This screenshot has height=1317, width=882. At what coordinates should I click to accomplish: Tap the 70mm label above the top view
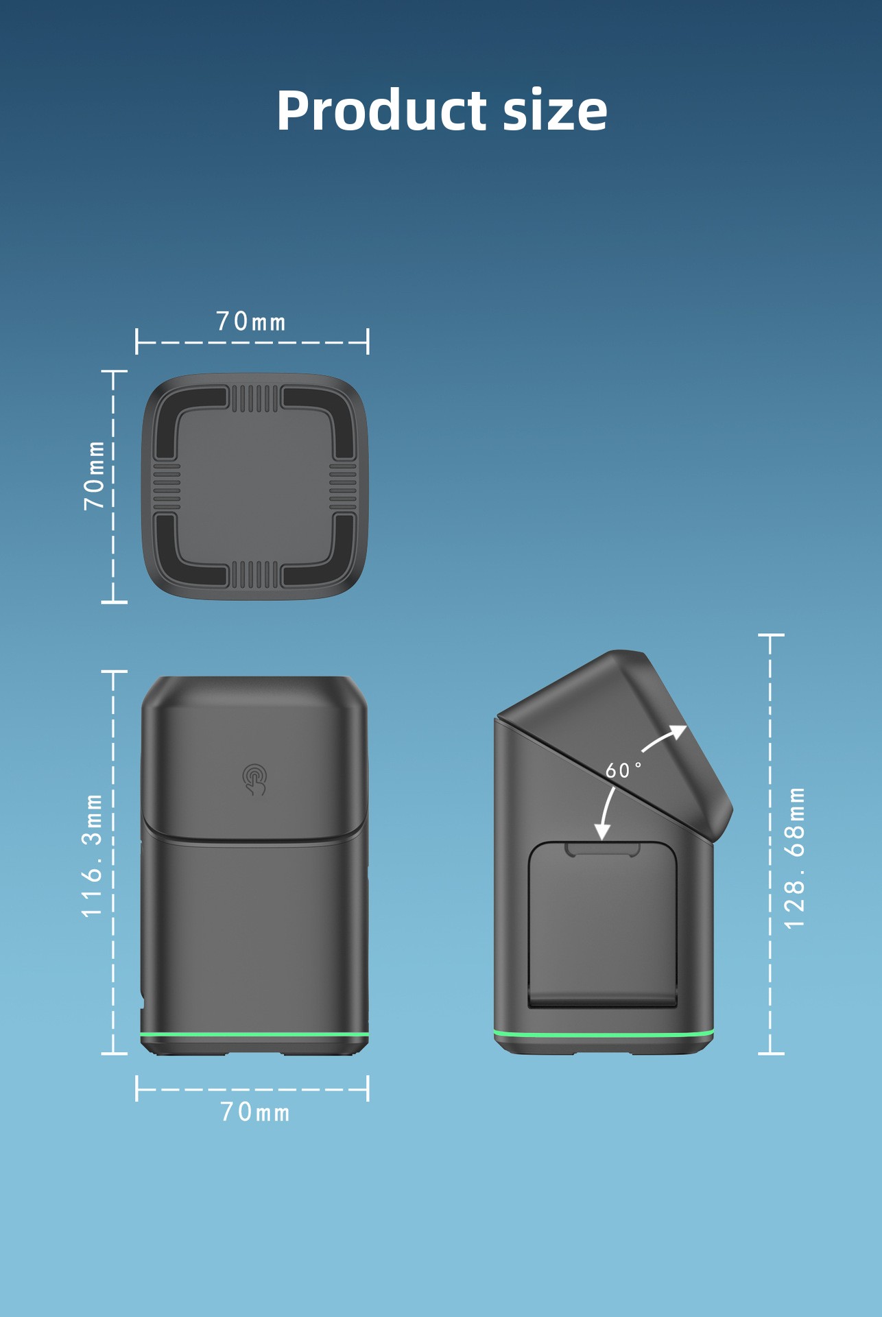(x=251, y=322)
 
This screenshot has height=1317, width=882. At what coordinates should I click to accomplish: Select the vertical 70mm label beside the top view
(x=94, y=475)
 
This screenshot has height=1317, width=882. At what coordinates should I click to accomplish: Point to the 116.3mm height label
(x=92, y=855)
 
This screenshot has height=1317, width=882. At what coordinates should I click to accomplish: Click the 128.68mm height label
(x=794, y=858)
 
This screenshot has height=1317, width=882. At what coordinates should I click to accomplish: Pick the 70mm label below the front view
(x=255, y=1112)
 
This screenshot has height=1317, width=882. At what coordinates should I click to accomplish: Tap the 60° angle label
(x=623, y=770)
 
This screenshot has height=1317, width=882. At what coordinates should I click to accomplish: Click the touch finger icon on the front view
(x=254, y=780)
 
